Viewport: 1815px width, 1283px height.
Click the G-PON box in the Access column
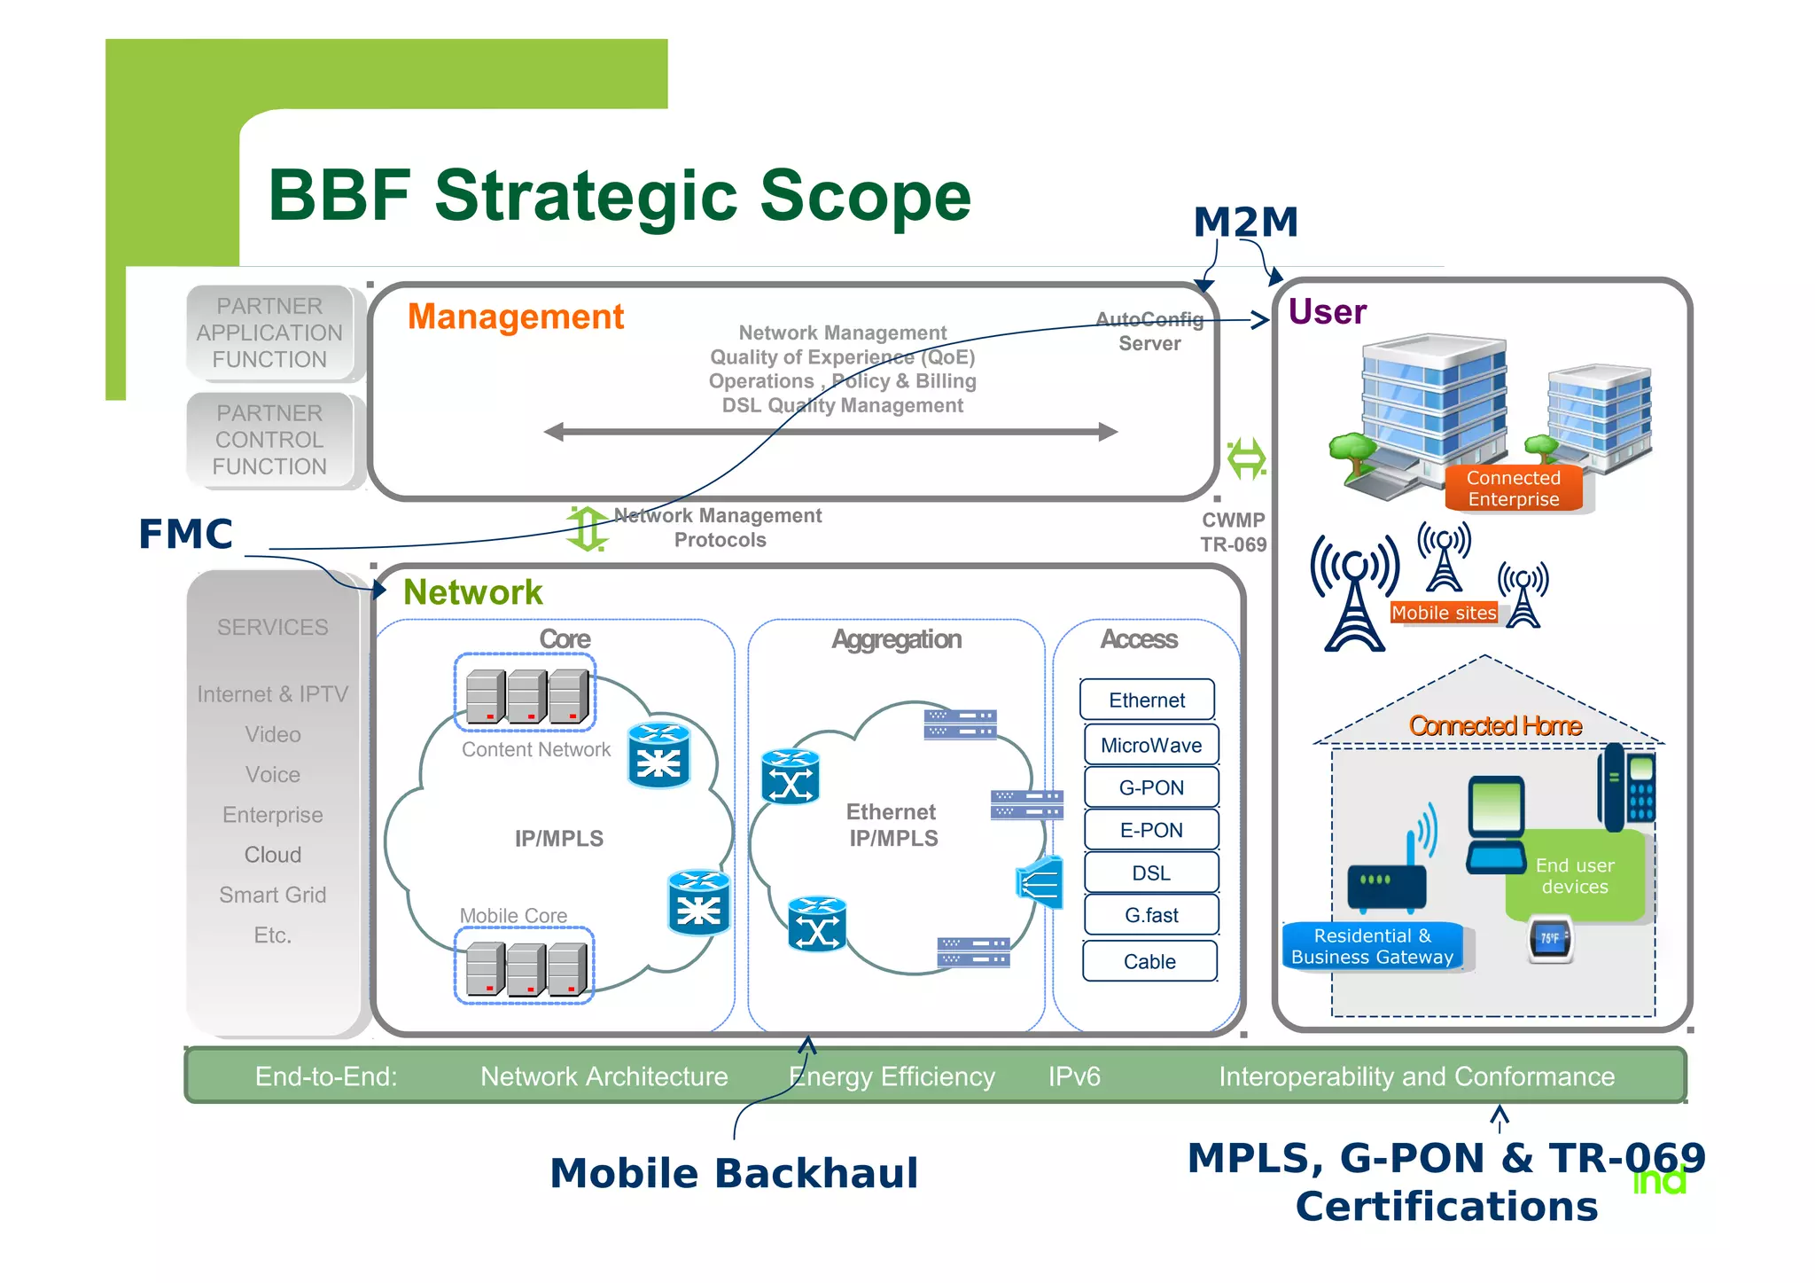[1150, 787]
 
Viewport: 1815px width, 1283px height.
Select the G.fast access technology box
[1150, 915]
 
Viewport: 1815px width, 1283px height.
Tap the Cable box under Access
[1149, 961]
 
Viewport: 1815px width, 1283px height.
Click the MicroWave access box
[1150, 745]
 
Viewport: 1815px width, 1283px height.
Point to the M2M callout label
[1245, 222]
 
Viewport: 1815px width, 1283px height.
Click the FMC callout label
[185, 535]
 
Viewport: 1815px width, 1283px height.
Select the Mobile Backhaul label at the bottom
[734, 1173]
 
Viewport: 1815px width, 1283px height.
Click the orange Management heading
[516, 317]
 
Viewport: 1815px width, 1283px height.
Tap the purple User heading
[1327, 312]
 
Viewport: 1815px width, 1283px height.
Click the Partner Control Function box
[270, 440]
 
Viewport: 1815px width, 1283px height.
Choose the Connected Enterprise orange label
[1513, 489]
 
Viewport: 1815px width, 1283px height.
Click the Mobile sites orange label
[1444, 613]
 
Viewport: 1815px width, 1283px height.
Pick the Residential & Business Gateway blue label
[1372, 947]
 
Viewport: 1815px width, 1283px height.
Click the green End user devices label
[1574, 876]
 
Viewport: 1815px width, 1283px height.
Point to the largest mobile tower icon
[1354, 594]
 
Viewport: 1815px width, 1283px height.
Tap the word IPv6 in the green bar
[1074, 1076]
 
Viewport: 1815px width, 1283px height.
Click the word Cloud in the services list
[273, 855]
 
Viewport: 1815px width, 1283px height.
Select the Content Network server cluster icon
[526, 693]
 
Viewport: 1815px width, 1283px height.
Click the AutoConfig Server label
[1149, 332]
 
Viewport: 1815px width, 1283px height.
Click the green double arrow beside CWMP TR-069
[1246, 458]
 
